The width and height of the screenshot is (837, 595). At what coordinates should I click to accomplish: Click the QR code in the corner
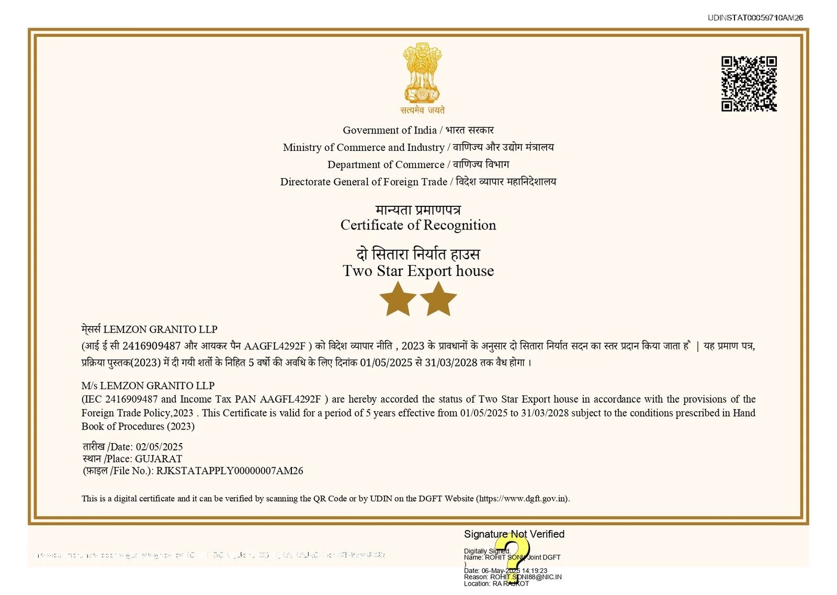[749, 84]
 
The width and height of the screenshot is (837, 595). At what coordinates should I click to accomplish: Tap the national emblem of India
[422, 73]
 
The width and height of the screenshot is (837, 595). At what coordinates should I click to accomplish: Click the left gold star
[398, 299]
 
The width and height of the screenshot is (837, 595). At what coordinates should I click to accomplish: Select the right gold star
[438, 299]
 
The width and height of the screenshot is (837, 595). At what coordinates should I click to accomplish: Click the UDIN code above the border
[755, 18]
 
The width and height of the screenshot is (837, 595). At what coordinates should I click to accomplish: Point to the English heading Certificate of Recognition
[418, 225]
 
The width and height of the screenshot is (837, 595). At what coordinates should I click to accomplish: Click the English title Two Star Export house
[418, 271]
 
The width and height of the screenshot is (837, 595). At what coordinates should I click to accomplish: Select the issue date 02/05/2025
[159, 447]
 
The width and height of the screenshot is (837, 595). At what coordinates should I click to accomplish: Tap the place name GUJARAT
[159, 459]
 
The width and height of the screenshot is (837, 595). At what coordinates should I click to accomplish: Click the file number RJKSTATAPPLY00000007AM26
[230, 471]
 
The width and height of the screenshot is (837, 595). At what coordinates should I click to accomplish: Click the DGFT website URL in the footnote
[522, 499]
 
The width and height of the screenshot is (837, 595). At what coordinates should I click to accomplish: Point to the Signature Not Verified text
[514, 534]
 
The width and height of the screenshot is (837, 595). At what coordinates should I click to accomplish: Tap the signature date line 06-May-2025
[505, 571]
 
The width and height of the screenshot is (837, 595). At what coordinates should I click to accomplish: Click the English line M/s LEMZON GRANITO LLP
[148, 385]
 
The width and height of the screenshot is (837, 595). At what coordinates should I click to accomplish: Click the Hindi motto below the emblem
[422, 110]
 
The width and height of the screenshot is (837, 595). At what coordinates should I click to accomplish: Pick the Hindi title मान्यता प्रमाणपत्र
[418, 210]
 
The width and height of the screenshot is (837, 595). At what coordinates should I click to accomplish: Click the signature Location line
[496, 583]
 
